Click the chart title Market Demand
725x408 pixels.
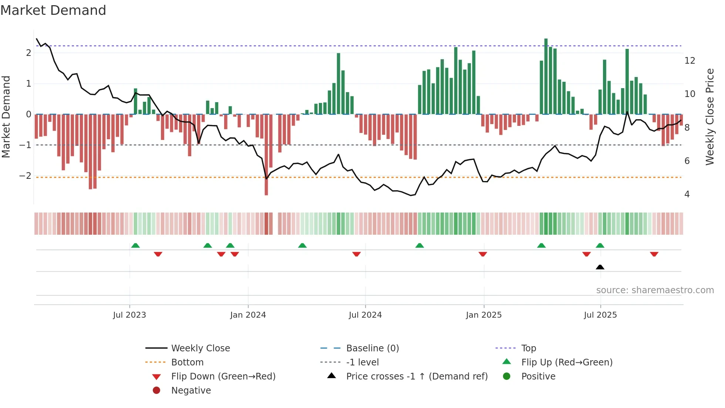click(x=53, y=10)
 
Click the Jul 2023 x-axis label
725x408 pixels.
click(x=129, y=315)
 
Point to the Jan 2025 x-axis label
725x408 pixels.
click(x=483, y=315)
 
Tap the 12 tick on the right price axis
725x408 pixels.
click(x=689, y=60)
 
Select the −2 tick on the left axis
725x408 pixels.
click(x=25, y=175)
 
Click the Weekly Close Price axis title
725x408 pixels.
click(x=709, y=117)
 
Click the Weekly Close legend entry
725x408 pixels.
click(x=200, y=348)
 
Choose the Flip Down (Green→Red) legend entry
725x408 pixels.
click(x=223, y=376)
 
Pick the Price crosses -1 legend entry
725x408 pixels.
click(x=417, y=376)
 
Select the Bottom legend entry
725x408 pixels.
click(x=187, y=362)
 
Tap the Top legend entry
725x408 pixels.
click(x=528, y=348)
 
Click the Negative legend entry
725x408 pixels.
click(x=191, y=390)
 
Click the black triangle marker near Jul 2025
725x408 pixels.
click(x=600, y=267)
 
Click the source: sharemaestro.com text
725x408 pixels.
click(x=655, y=290)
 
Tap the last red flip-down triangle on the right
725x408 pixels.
click(x=654, y=254)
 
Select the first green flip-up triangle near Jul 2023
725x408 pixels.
click(x=135, y=245)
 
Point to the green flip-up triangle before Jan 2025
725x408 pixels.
click(x=419, y=245)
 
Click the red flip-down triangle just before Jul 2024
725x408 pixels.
click(x=356, y=254)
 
